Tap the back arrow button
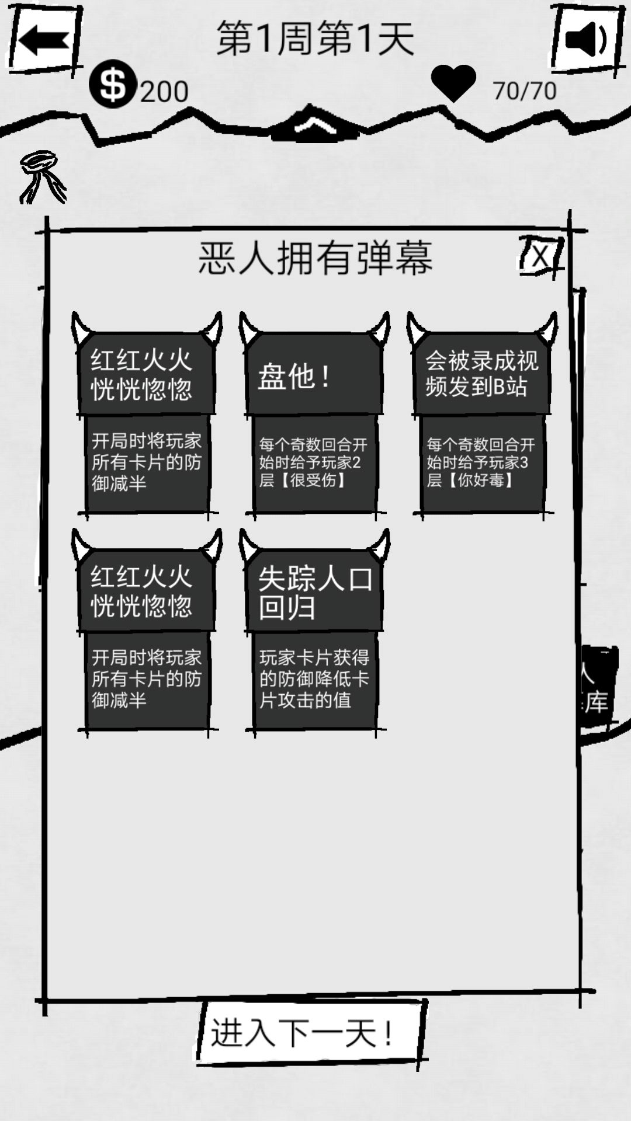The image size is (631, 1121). (43, 41)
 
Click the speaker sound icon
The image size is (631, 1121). (586, 40)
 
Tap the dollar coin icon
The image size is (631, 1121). (113, 84)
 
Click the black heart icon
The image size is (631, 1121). (453, 83)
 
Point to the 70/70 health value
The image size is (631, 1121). (525, 90)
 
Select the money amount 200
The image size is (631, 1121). (164, 92)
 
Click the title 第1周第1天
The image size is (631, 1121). (315, 39)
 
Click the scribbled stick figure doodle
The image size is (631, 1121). (42, 176)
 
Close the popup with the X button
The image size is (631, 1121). (542, 256)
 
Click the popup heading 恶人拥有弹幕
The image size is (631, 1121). (315, 257)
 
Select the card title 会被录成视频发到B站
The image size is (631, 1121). (481, 374)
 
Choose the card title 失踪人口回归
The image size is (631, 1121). (315, 593)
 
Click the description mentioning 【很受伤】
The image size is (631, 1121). (314, 462)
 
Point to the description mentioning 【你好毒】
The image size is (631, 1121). (481, 462)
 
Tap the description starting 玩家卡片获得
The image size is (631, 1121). (314, 679)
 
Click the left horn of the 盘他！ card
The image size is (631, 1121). (248, 328)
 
